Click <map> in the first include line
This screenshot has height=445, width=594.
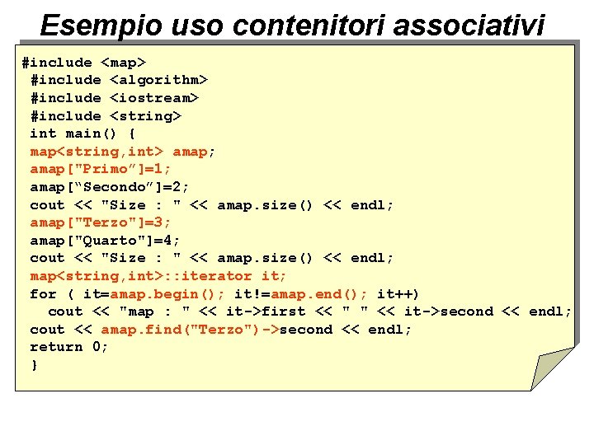(x=124, y=63)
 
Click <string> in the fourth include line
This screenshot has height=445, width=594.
(x=145, y=116)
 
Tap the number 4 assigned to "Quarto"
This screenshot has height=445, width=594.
(x=171, y=241)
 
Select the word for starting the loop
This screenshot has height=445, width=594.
(x=43, y=294)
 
